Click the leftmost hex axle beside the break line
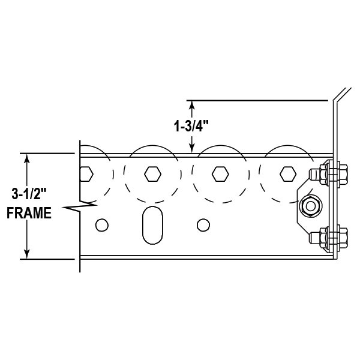[x=86, y=174]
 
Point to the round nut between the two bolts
[x=310, y=206]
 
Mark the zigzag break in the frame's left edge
[x=76, y=208]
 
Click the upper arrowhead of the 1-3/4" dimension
[x=192, y=105]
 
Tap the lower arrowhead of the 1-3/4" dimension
[x=192, y=148]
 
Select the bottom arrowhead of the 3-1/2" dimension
[x=26, y=254]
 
